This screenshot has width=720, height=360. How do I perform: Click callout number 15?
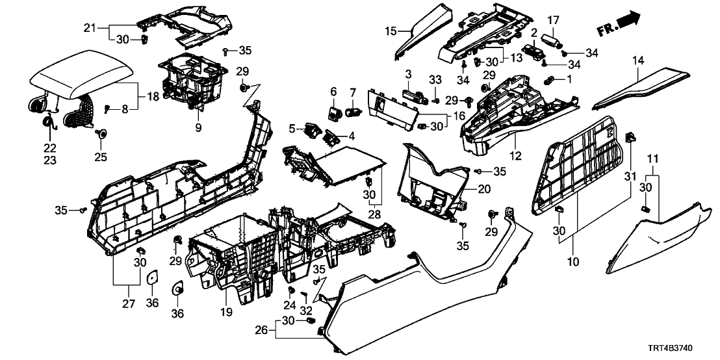pyautogui.click(x=389, y=31)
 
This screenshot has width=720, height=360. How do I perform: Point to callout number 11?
pyautogui.click(x=654, y=158)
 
